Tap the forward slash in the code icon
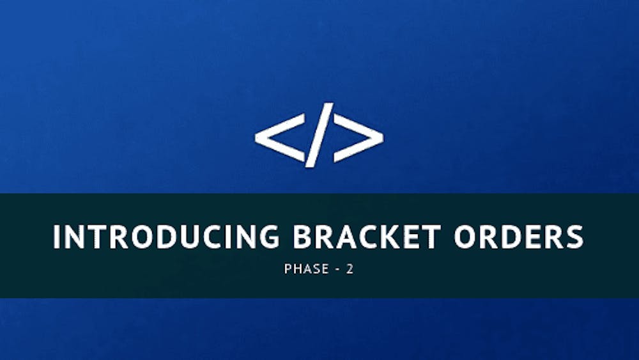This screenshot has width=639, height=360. (319, 135)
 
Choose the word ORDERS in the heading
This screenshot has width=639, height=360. (519, 237)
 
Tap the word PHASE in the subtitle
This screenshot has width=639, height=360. (302, 269)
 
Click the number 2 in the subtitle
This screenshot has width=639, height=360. (350, 269)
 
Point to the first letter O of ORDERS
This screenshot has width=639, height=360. (466, 237)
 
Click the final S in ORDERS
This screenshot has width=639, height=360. (574, 237)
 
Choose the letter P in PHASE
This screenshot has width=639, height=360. (288, 269)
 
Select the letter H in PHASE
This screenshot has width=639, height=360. (296, 269)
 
